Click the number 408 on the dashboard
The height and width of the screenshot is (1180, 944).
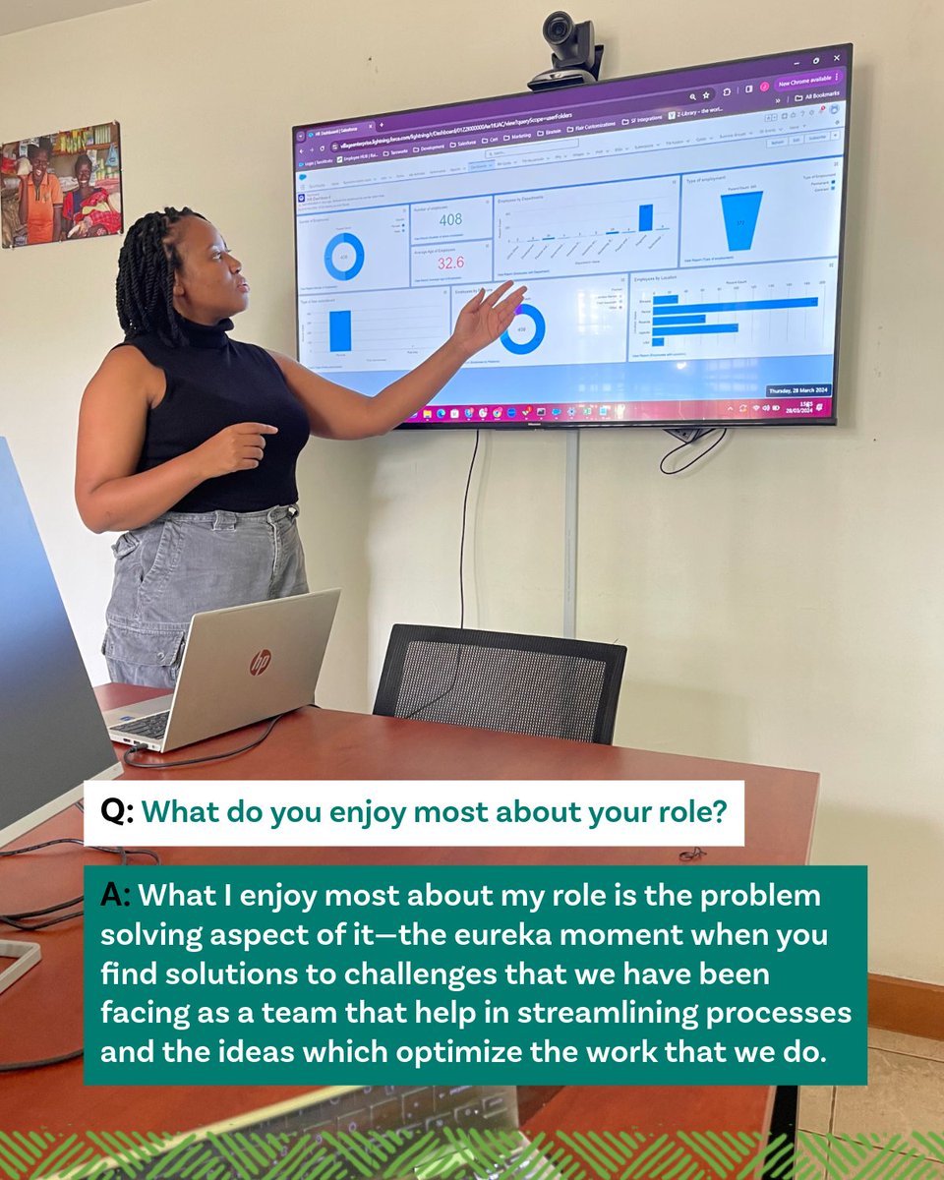pyautogui.click(x=450, y=219)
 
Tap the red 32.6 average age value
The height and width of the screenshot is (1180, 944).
pyautogui.click(x=450, y=264)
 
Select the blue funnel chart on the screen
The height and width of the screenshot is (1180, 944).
pyautogui.click(x=741, y=220)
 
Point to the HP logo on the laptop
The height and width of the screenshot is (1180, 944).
pyautogui.click(x=260, y=663)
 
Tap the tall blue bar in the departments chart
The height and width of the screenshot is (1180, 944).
pyautogui.click(x=646, y=217)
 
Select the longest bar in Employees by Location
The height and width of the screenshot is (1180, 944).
pyautogui.click(x=734, y=303)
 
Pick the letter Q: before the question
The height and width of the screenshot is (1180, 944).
pyautogui.click(x=117, y=813)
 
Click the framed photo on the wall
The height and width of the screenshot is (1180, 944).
pyautogui.click(x=61, y=184)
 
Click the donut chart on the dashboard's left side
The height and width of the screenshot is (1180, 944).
pyautogui.click(x=344, y=257)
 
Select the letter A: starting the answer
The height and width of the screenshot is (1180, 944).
pyautogui.click(x=117, y=897)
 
